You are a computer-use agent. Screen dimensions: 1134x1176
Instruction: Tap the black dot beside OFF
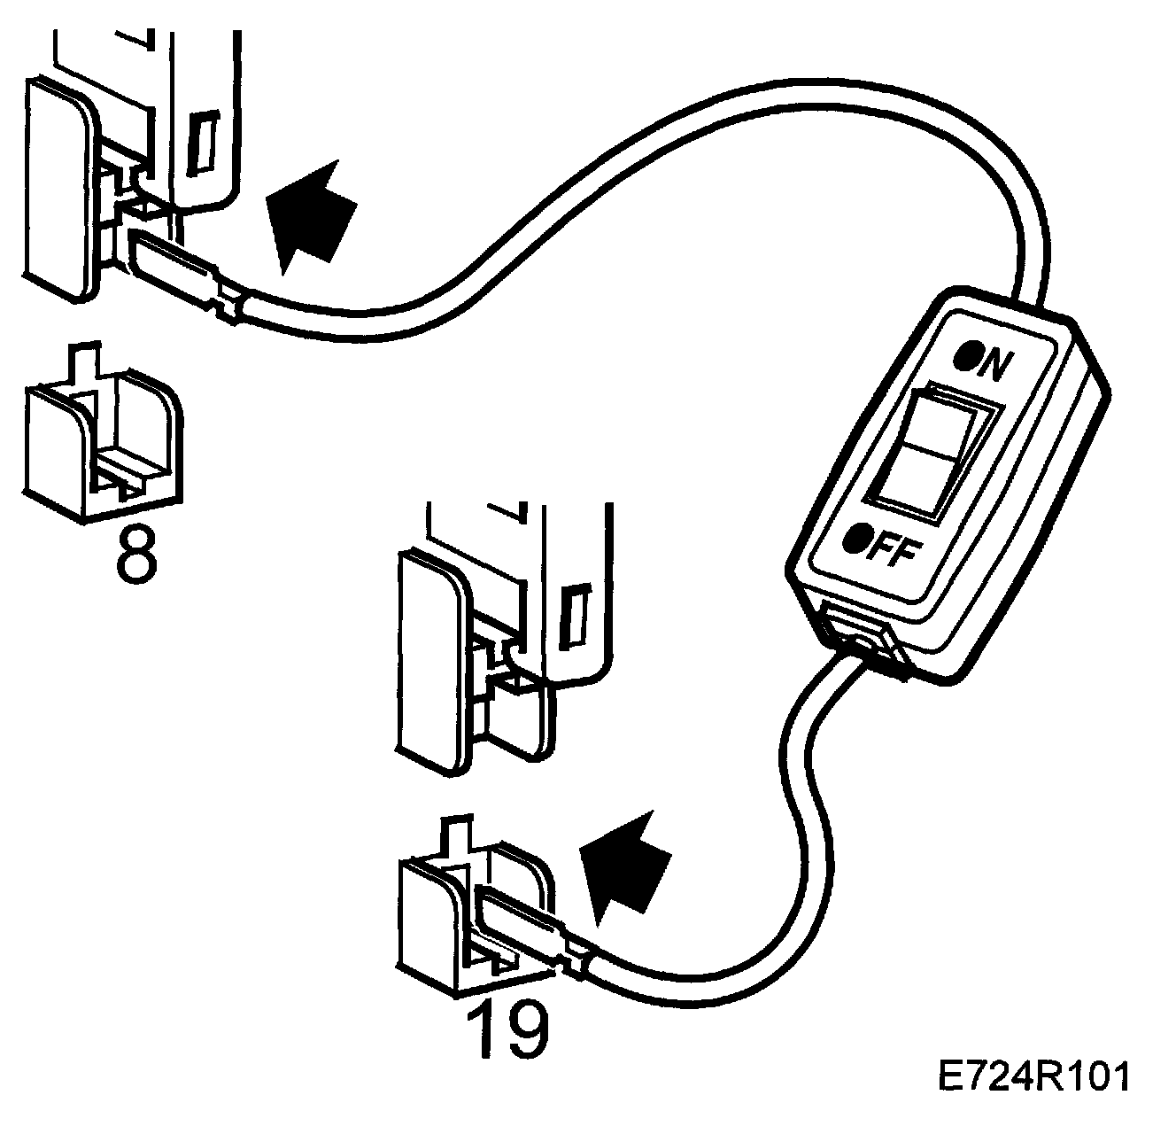click(x=855, y=538)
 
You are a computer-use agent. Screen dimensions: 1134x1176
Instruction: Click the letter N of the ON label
click(x=994, y=364)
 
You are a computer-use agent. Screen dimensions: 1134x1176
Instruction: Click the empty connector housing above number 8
click(x=102, y=443)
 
